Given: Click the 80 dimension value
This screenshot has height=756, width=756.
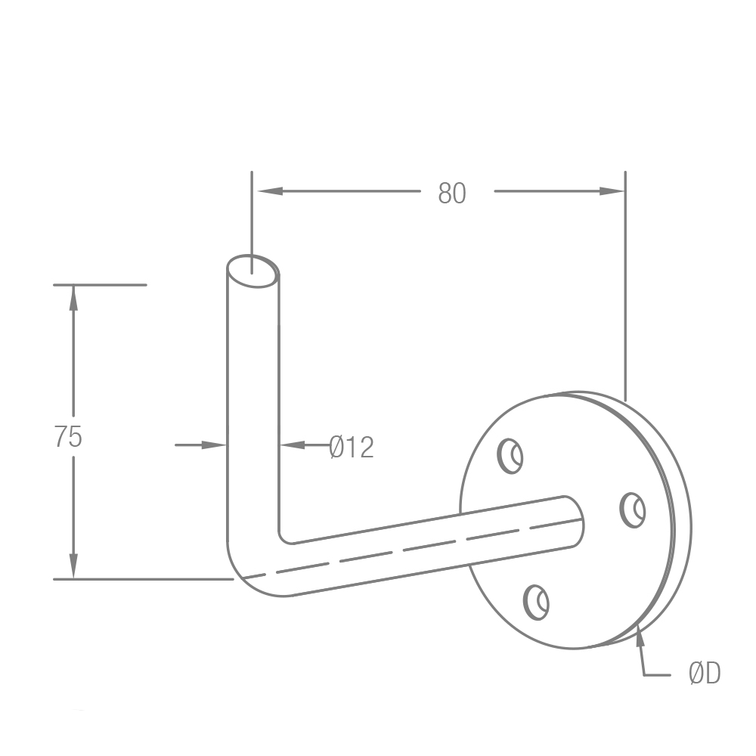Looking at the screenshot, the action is click(x=452, y=194).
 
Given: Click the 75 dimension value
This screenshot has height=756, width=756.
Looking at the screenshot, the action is click(x=69, y=437).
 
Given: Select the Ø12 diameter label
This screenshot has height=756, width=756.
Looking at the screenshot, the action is click(x=352, y=447).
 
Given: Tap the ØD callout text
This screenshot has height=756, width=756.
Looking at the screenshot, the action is click(x=705, y=673).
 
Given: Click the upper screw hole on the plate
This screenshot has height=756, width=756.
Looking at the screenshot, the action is click(x=510, y=456).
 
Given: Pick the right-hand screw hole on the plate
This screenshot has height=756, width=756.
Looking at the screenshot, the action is click(x=633, y=510).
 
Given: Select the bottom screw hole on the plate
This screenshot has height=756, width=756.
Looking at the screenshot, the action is click(x=536, y=603).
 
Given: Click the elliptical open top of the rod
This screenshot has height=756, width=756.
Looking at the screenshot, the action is click(x=253, y=271).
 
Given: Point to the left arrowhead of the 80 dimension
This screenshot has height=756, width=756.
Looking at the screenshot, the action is click(x=270, y=191).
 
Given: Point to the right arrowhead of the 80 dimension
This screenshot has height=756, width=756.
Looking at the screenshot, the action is click(x=612, y=191).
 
